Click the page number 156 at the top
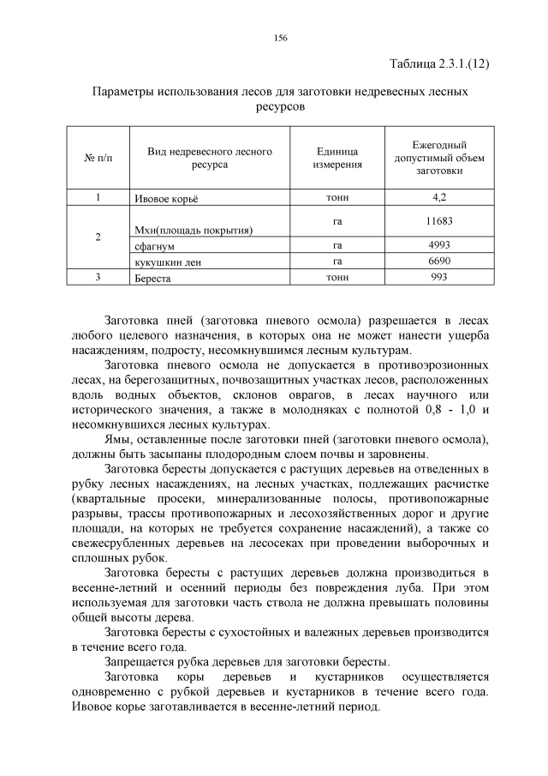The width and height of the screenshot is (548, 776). (280, 38)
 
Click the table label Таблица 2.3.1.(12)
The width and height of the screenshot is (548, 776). (439, 64)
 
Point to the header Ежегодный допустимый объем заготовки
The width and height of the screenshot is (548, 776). (439, 158)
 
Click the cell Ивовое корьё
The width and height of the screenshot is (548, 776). (166, 198)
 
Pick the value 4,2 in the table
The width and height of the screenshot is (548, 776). (439, 197)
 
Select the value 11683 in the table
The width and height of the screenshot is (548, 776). (439, 221)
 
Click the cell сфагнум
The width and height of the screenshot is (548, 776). (155, 246)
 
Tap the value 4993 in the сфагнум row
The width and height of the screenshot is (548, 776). (439, 245)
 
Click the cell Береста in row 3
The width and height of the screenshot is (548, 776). (154, 278)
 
